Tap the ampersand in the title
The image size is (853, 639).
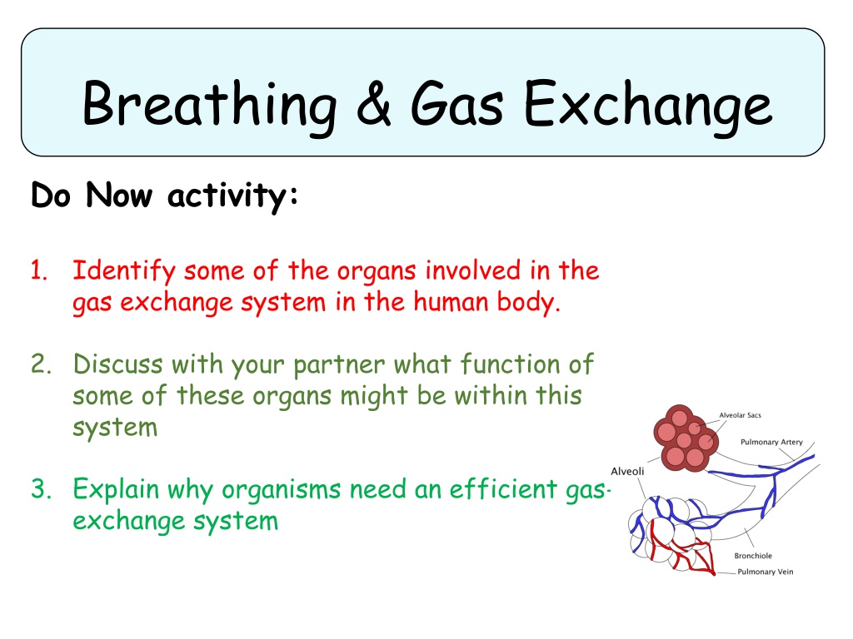[x=374, y=103]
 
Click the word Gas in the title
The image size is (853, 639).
[x=457, y=103]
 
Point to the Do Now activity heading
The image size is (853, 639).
[x=165, y=196]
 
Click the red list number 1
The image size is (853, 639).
[x=38, y=270]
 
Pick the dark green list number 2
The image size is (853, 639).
[x=41, y=364]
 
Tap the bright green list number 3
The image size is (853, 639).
[x=41, y=489]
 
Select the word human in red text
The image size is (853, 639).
[x=450, y=301]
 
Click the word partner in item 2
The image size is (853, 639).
[x=340, y=365]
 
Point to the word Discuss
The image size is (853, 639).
[x=118, y=364]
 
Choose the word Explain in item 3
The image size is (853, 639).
[x=115, y=490]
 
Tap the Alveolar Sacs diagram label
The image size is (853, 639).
[x=740, y=415]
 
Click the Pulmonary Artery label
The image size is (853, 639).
[x=771, y=443]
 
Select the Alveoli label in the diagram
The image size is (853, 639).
[x=627, y=471]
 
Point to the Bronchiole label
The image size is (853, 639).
[x=753, y=556]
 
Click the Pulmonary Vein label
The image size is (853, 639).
[x=765, y=572]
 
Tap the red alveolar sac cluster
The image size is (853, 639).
[x=686, y=438]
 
